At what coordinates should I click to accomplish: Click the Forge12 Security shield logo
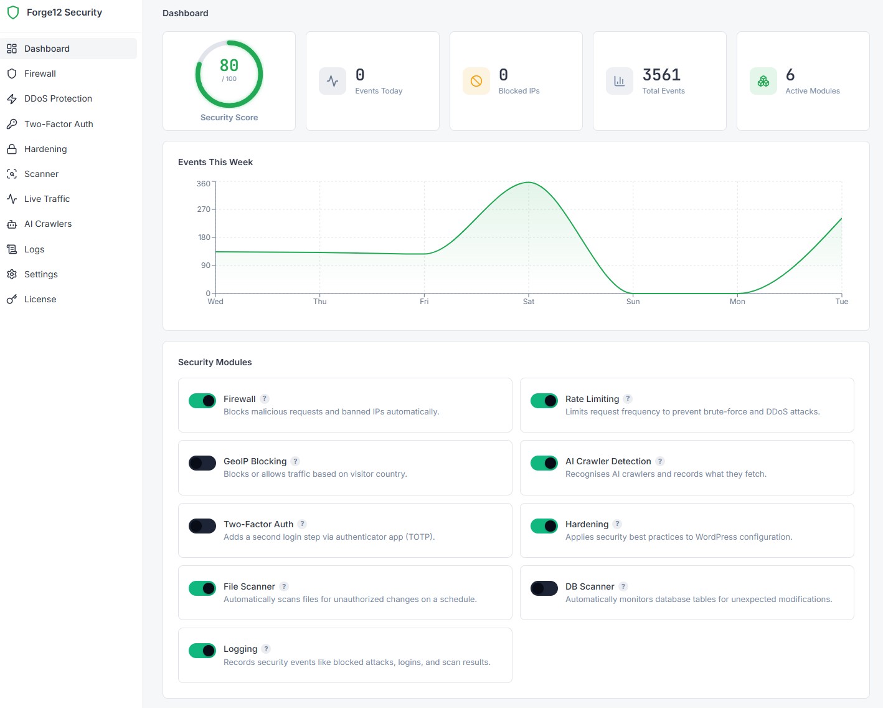click(x=13, y=12)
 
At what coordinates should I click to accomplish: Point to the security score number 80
click(x=229, y=65)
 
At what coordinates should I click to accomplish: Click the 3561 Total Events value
click(x=661, y=75)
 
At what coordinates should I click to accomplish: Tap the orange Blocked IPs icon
click(x=476, y=81)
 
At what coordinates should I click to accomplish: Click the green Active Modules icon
click(x=763, y=81)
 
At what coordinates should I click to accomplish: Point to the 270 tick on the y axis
click(x=204, y=209)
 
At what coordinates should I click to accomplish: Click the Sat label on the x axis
click(x=529, y=302)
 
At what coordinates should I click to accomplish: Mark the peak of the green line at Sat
click(x=529, y=182)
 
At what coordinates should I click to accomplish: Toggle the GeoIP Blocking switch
click(x=202, y=463)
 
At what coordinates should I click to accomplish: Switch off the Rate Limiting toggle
click(x=544, y=400)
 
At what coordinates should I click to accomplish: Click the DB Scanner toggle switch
click(x=544, y=588)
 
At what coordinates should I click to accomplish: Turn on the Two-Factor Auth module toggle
click(x=202, y=525)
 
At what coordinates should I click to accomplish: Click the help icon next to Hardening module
click(x=617, y=524)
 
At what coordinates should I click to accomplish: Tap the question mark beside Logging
click(x=266, y=648)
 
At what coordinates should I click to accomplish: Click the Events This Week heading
click(x=215, y=162)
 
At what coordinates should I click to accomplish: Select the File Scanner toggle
click(x=202, y=588)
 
